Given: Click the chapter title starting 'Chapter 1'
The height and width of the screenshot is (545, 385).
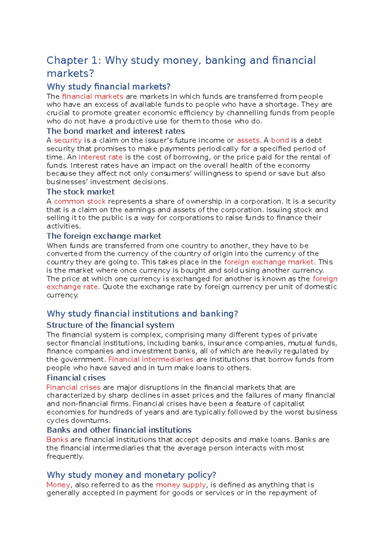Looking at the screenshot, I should click(181, 66).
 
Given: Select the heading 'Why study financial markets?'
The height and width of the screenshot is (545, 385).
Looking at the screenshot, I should click(108, 87).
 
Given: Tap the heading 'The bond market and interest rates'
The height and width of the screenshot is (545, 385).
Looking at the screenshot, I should click(116, 131).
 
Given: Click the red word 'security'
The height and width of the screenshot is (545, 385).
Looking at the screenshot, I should click(68, 140).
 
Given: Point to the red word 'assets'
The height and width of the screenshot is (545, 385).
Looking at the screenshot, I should click(248, 140).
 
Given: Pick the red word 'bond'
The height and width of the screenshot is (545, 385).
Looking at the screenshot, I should click(280, 140).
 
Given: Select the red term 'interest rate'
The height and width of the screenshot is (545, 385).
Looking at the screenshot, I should click(100, 157).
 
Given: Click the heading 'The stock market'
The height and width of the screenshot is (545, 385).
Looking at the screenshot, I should click(81, 192).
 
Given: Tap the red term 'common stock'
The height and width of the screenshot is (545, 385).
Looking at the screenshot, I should click(80, 201).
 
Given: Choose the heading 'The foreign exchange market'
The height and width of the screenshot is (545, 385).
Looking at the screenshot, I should click(104, 236).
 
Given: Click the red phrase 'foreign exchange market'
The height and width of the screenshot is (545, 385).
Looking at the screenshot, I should click(269, 262).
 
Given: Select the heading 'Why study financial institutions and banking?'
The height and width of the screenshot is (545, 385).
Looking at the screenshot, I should click(142, 314).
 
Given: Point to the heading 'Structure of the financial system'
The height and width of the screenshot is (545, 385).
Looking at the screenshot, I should click(110, 325).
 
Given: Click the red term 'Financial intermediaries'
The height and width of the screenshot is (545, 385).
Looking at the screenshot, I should click(151, 359).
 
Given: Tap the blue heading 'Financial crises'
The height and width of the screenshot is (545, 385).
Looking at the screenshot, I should click(76, 377).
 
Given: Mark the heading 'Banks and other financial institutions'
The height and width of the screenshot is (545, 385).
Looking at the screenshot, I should click(119, 430).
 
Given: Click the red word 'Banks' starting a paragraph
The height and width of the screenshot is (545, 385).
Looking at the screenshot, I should click(57, 439).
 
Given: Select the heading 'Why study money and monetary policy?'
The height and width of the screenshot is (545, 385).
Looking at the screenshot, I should click(131, 475).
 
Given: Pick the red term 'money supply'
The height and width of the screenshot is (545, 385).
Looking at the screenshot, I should click(181, 485).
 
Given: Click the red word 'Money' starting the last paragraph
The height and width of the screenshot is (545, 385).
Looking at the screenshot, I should click(58, 485).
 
